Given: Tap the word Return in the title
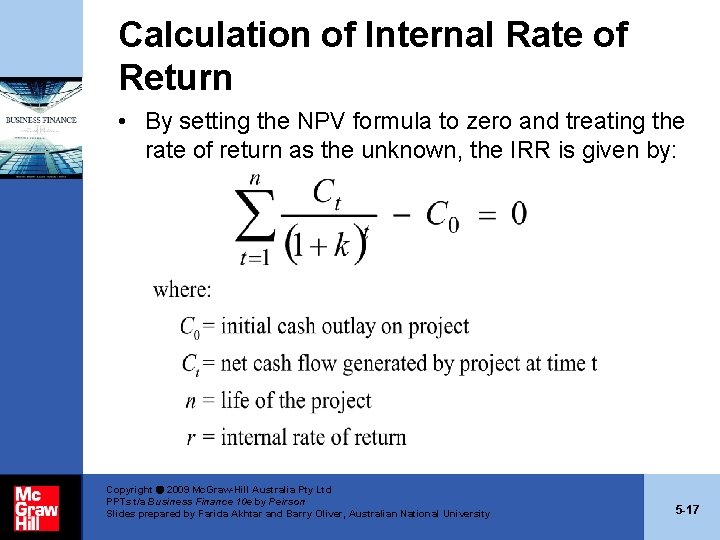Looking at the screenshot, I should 175,77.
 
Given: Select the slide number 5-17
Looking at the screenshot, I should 687,510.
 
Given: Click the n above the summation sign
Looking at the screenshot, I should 255,178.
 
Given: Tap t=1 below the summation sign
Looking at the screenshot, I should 256,257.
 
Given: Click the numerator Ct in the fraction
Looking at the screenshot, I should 328,193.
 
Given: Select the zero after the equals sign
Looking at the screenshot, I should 518,213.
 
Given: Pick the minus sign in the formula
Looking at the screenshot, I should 400,214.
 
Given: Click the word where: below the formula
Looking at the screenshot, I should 182,290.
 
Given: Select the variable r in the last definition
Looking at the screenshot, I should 191,437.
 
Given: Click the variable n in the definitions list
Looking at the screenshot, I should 190,401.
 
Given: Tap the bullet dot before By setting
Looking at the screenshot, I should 120,122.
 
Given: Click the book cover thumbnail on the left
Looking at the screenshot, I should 41,131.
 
